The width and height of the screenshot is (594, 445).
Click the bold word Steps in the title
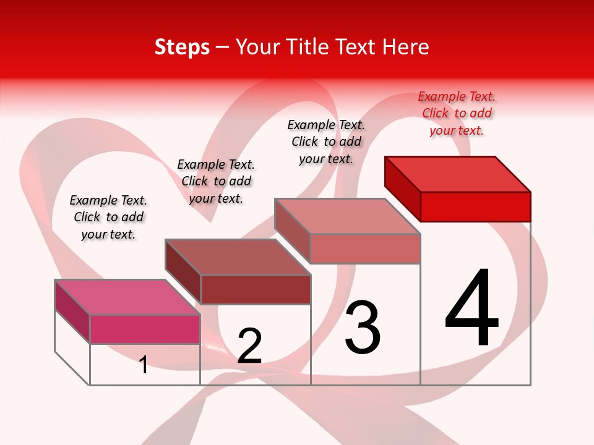click(182, 47)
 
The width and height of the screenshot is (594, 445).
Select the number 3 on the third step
click(362, 328)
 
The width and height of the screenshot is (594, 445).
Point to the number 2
click(249, 346)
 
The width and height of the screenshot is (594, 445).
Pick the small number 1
click(144, 365)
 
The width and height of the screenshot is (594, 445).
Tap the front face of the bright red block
click(475, 206)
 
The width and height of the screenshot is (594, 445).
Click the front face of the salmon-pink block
click(365, 248)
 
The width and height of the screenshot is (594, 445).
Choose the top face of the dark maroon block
click(238, 256)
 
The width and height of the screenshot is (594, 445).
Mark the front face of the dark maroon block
click(255, 289)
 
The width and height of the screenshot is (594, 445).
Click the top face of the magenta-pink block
click(127, 297)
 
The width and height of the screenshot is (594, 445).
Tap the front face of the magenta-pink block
click(145, 329)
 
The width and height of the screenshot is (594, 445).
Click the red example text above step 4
click(457, 113)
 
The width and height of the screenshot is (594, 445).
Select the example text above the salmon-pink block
click(326, 142)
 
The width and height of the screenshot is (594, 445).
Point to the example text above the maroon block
click(216, 181)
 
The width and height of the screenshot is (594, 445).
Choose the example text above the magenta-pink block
click(108, 217)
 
